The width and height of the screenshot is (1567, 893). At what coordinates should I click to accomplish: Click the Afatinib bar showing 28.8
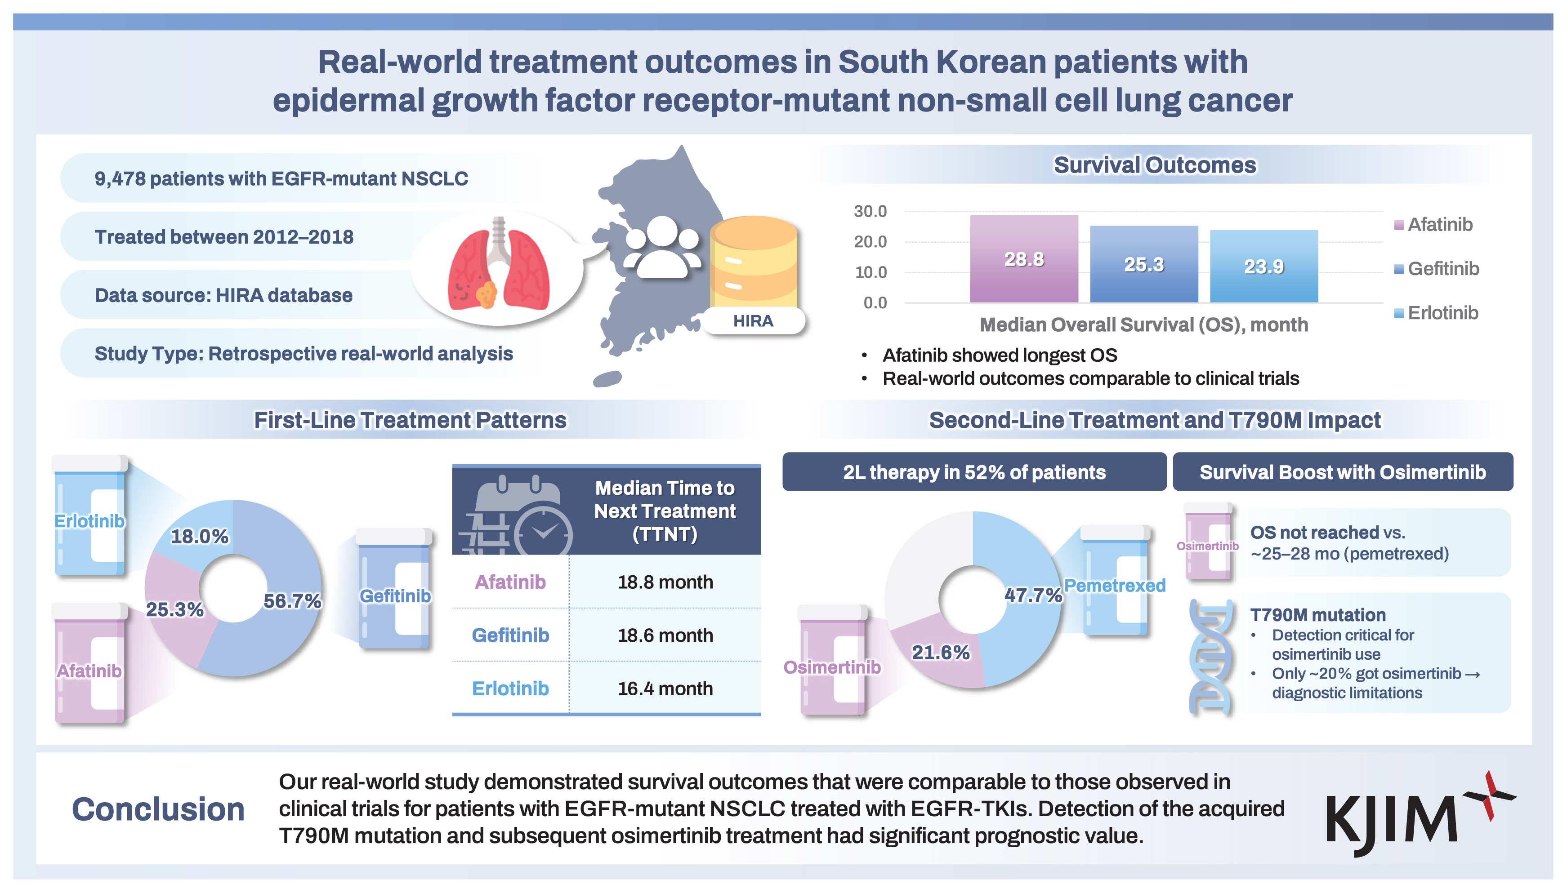pyautogui.click(x=1023, y=259)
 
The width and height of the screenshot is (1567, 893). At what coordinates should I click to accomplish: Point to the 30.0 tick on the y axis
pyautogui.click(x=870, y=212)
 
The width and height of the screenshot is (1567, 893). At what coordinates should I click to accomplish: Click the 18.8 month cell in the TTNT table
pyautogui.click(x=665, y=582)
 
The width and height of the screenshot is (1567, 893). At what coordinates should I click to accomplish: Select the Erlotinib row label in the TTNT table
pyautogui.click(x=510, y=689)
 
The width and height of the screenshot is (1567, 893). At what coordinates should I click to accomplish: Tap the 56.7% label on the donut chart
pyautogui.click(x=292, y=601)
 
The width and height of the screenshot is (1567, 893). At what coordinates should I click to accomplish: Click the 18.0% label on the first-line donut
pyautogui.click(x=199, y=537)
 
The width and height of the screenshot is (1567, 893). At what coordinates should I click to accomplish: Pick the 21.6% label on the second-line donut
pyautogui.click(x=941, y=653)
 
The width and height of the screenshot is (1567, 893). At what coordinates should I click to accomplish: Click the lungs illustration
pyautogui.click(x=498, y=265)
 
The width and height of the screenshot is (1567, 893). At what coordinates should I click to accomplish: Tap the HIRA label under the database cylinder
pyautogui.click(x=753, y=321)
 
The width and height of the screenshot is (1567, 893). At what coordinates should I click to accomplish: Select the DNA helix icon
pyautogui.click(x=1210, y=656)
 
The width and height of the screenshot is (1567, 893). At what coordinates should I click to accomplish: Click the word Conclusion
pyautogui.click(x=158, y=809)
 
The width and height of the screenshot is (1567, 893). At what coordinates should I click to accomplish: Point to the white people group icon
pyautogui.click(x=661, y=249)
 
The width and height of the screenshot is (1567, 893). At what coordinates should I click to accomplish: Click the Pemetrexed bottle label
pyautogui.click(x=1114, y=586)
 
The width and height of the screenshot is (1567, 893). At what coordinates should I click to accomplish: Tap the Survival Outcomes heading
pyautogui.click(x=1155, y=165)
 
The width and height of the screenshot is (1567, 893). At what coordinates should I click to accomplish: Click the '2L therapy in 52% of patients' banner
pyautogui.click(x=974, y=472)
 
